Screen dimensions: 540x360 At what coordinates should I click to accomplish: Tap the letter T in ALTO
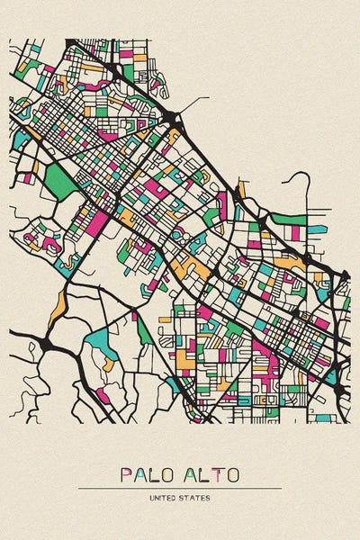(x=211, y=474)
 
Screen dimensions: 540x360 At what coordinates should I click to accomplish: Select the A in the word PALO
(x=141, y=474)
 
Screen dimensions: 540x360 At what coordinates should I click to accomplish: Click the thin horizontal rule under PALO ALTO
(x=180, y=488)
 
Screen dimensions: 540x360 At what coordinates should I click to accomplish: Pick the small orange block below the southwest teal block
(x=109, y=364)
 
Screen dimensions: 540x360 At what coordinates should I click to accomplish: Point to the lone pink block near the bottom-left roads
(x=103, y=394)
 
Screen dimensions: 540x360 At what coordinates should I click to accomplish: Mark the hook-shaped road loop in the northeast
(x=302, y=180)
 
